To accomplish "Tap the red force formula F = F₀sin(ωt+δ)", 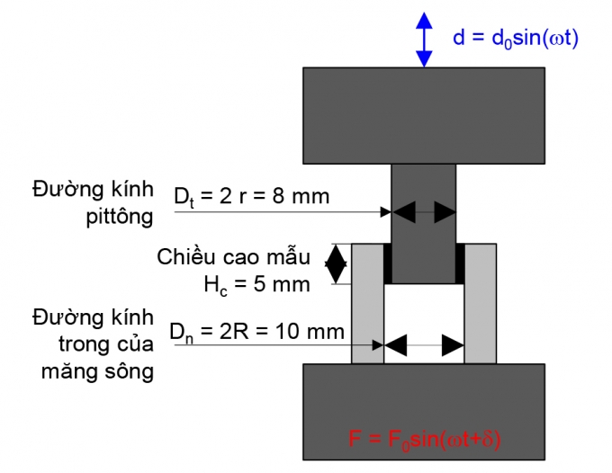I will click(424, 440).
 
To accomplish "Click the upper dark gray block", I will click(424, 116).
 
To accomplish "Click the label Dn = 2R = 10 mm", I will click(257, 331).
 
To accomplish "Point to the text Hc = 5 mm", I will click(256, 284).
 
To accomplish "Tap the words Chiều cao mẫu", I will click(233, 257).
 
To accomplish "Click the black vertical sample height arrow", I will click(336, 263).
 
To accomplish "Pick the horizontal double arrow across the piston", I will click(423, 212).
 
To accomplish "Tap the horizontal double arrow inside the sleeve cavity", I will click(423, 344).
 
